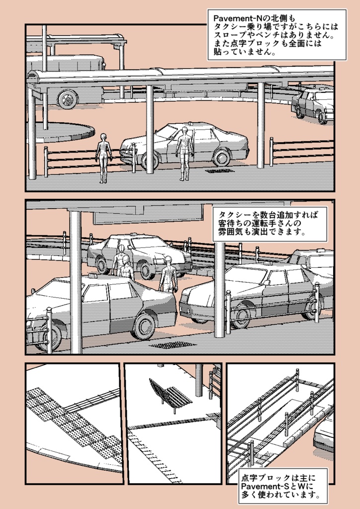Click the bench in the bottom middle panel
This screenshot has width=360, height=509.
pos(170,394)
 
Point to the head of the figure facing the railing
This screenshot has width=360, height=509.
pos(103,137)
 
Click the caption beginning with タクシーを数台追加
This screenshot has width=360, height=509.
pos(270,224)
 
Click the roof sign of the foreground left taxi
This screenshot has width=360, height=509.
pos(93,275)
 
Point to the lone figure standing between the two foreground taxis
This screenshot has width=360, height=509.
pos(168,274)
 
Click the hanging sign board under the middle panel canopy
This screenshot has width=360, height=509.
pos(148,214)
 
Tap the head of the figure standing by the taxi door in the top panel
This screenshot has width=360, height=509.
pos(185,131)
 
